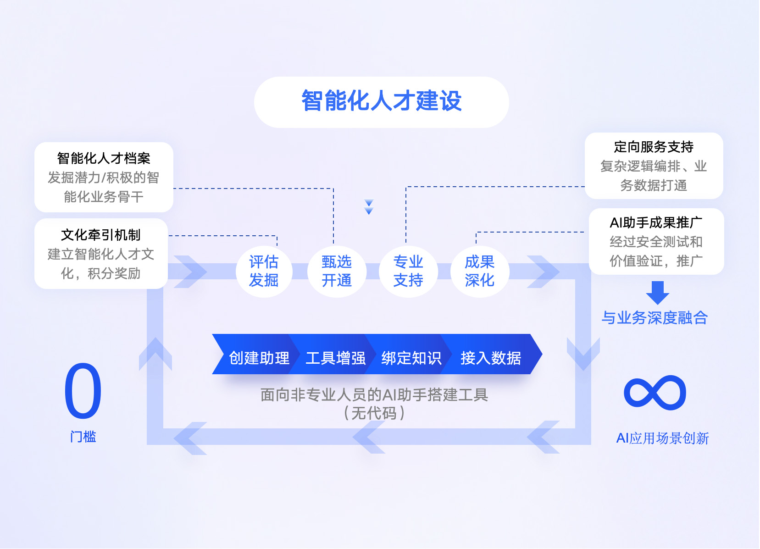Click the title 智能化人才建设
tap(381, 101)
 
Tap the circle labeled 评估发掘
tap(264, 271)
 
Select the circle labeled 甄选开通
tap(336, 271)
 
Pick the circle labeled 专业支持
tap(408, 271)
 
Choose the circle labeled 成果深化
tap(479, 271)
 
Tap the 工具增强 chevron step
tap(335, 357)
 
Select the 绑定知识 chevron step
tap(411, 357)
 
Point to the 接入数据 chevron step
tap(490, 357)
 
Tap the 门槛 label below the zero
tap(83, 436)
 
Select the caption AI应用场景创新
tap(662, 438)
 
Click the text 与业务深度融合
tap(655, 317)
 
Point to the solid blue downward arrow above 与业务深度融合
tap(657, 293)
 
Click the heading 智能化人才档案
tap(104, 158)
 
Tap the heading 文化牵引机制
tap(100, 235)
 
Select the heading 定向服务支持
tap(654, 147)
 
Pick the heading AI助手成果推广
tap(656, 222)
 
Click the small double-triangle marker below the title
tap(369, 207)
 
